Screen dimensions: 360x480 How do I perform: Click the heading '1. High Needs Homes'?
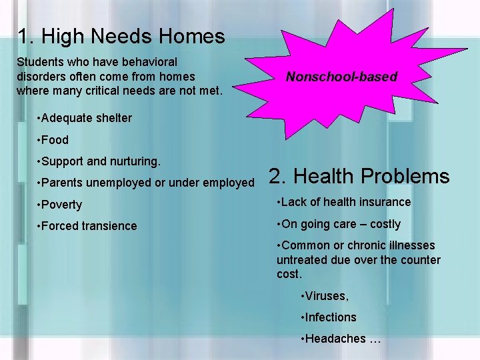(121, 36)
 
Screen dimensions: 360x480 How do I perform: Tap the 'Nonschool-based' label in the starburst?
(341, 77)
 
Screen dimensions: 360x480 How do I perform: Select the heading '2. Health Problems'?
(359, 176)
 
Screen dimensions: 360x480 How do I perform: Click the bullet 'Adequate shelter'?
(85, 118)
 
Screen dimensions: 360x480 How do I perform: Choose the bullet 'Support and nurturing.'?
(99, 161)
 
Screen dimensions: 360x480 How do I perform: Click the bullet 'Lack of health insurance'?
(345, 202)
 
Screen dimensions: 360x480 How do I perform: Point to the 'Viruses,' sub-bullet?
(325, 295)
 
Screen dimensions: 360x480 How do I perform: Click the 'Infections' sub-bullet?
(329, 317)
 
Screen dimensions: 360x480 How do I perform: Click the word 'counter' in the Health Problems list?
(421, 260)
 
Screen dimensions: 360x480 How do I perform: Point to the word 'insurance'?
(385, 202)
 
